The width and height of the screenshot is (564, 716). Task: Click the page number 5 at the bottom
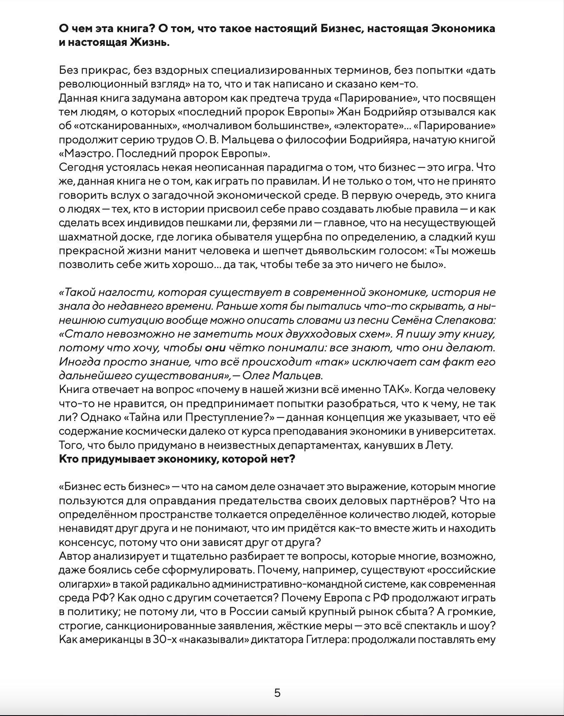(x=277, y=693)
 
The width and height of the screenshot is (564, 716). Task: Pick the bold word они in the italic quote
(x=216, y=348)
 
